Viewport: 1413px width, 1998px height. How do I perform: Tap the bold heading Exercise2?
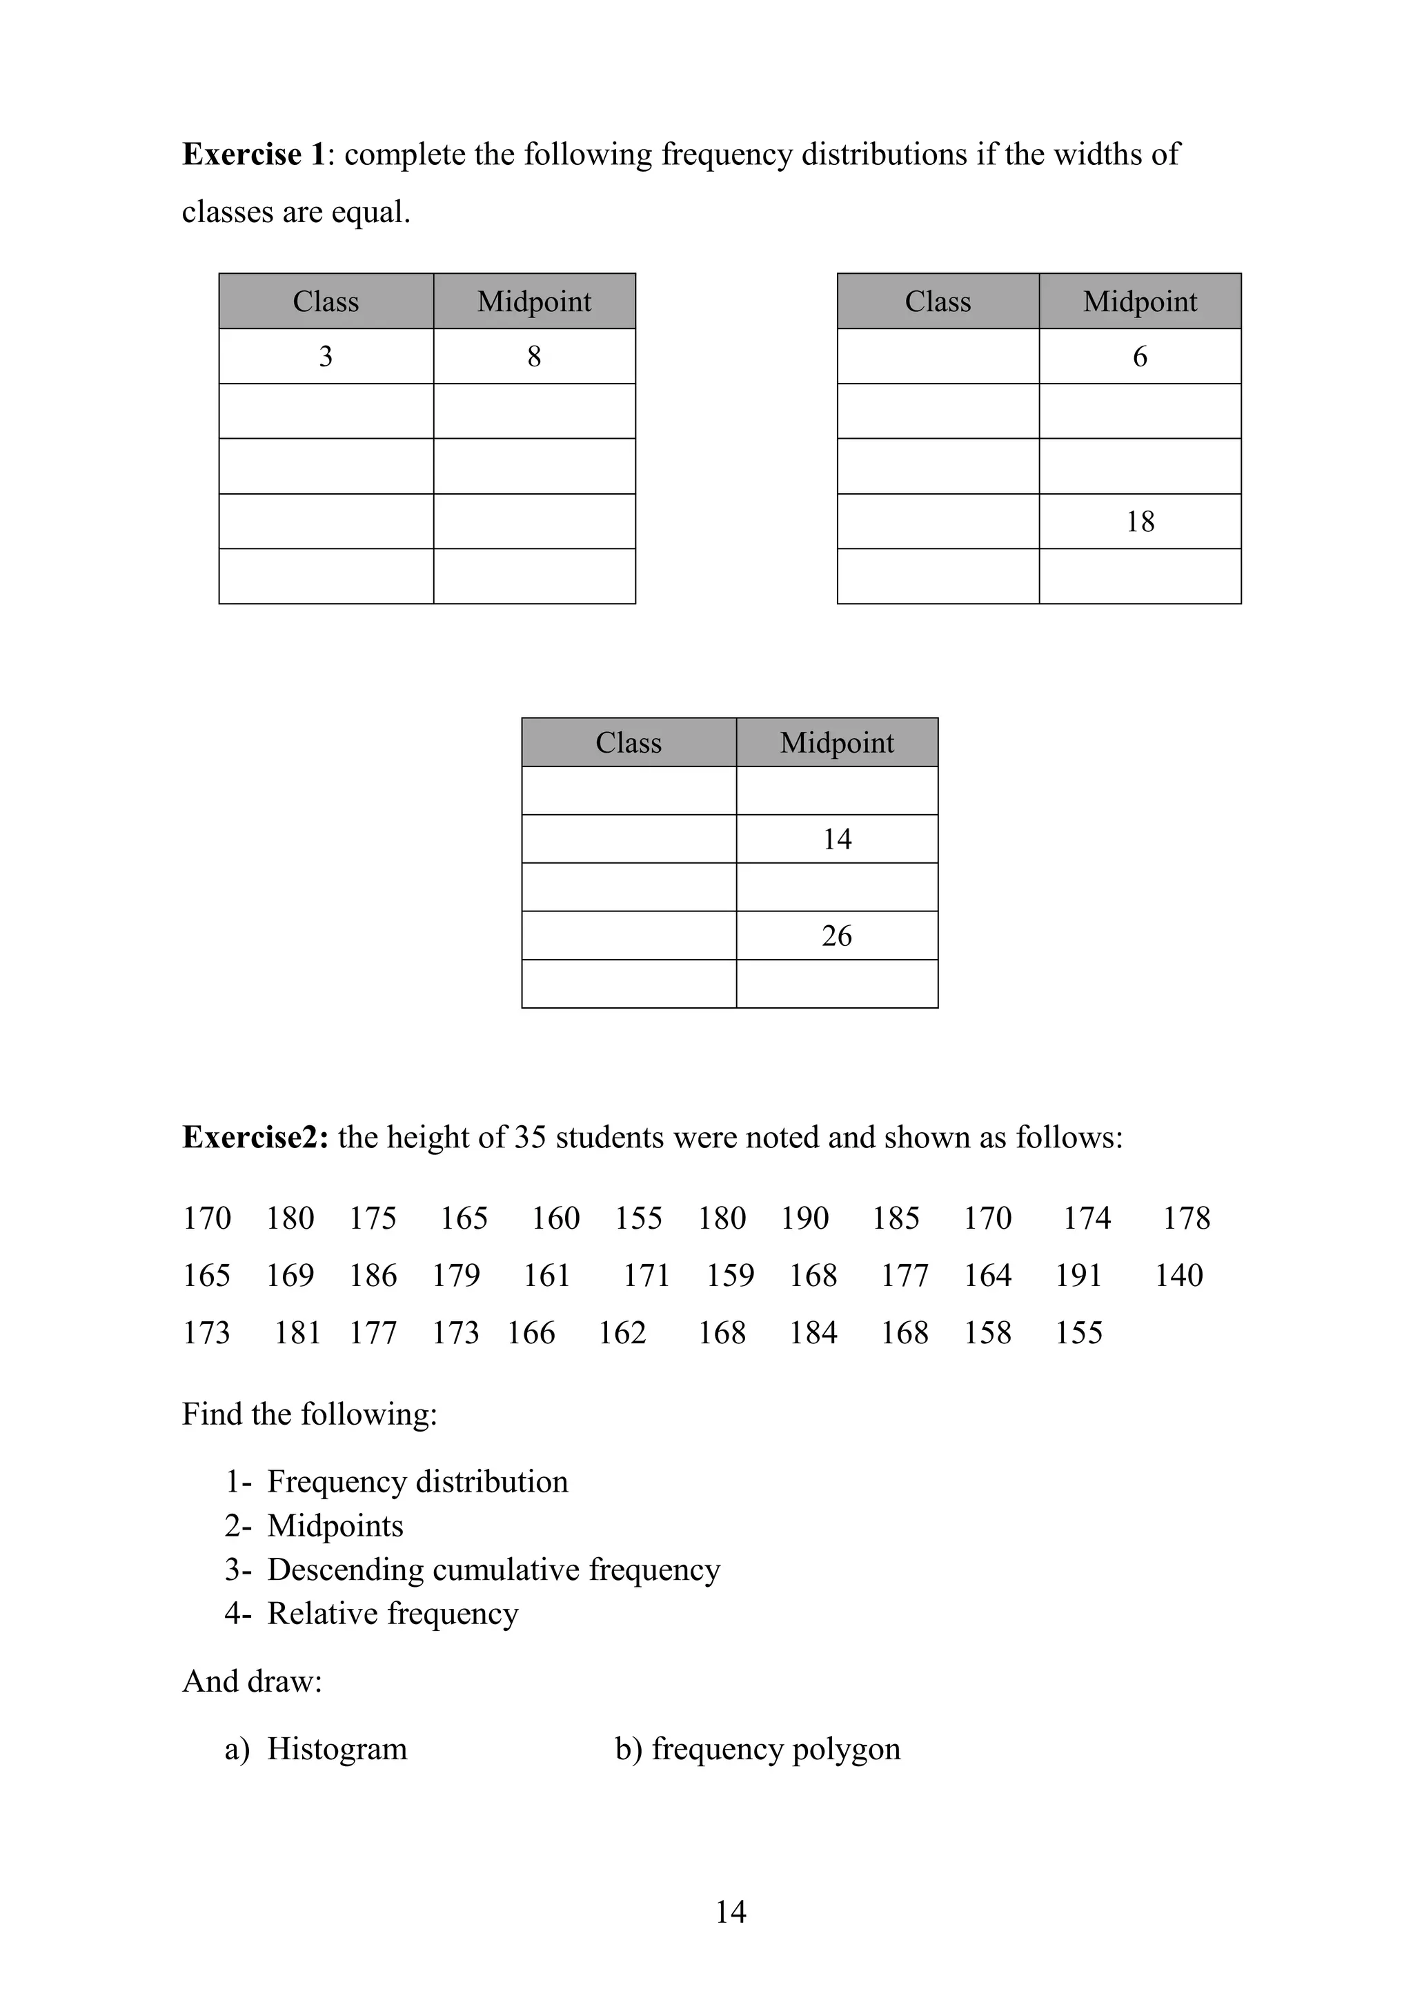pos(255,1138)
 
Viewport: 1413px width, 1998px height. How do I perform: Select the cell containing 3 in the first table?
pos(326,356)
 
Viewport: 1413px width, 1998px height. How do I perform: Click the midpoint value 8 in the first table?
pos(534,356)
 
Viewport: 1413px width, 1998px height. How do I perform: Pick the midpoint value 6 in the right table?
pos(1140,356)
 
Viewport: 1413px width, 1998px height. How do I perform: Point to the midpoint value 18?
pos(1140,522)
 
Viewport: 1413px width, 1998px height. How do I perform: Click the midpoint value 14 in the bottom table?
pos(837,839)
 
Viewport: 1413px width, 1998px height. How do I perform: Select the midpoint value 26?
pos(837,936)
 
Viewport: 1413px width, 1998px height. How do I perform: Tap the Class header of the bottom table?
pos(629,742)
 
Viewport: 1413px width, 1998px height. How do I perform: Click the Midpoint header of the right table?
pos(1140,301)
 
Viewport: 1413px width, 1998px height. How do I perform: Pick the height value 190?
pos(805,1218)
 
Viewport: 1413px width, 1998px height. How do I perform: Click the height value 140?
pos(1179,1275)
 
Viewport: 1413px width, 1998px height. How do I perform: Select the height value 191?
pos(1079,1275)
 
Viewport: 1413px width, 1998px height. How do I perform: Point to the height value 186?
pos(373,1275)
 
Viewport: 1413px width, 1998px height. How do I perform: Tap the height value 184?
pos(813,1332)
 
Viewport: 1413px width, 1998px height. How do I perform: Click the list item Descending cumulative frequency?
pos(493,1569)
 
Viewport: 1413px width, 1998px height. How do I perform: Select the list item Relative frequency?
pos(393,1612)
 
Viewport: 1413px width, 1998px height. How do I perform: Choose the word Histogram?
pos(337,1748)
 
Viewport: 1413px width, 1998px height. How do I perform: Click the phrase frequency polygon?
pos(776,1748)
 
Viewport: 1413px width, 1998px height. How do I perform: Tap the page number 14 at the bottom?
pos(731,1911)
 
